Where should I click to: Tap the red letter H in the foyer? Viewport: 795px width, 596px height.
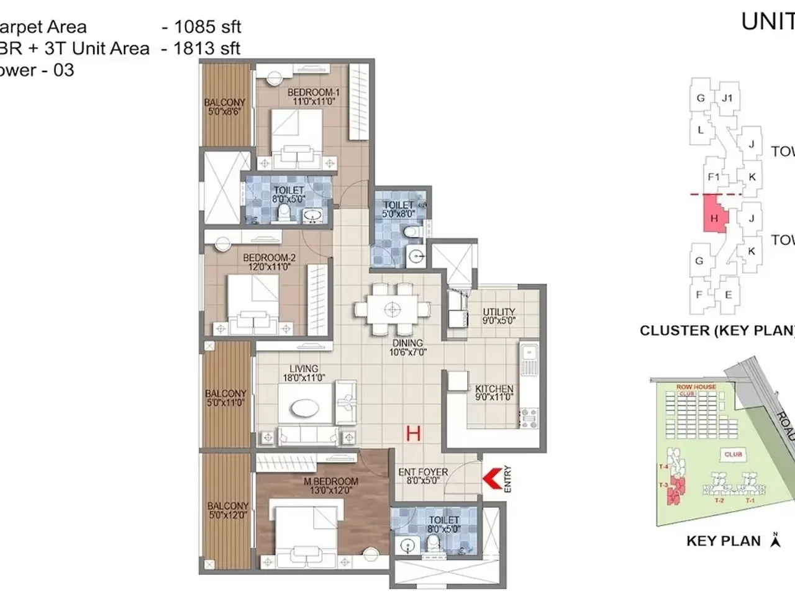click(414, 433)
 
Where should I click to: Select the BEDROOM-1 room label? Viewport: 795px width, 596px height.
click(313, 96)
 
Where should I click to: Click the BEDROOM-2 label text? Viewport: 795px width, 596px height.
click(269, 262)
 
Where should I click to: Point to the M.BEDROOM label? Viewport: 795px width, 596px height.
click(330, 485)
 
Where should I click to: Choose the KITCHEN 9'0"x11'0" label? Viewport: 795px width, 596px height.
click(494, 393)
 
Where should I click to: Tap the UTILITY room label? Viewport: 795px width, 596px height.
click(499, 316)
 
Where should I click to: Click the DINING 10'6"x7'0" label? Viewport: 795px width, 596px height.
click(407, 348)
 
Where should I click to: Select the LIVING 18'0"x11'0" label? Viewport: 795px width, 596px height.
click(304, 373)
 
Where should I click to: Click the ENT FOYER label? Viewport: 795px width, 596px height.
click(423, 476)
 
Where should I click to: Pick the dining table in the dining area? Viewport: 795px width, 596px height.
click(391, 309)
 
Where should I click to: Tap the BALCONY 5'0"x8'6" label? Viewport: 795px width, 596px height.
click(225, 107)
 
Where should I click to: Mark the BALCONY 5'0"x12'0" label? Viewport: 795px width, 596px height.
click(228, 510)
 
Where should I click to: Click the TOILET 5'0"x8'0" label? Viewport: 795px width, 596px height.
click(398, 209)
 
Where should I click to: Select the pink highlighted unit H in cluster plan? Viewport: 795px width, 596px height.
click(714, 214)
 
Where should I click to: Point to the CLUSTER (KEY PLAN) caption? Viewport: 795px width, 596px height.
click(717, 330)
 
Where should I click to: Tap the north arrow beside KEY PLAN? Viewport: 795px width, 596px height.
click(775, 540)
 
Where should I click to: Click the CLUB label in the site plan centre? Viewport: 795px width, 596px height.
click(733, 454)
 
